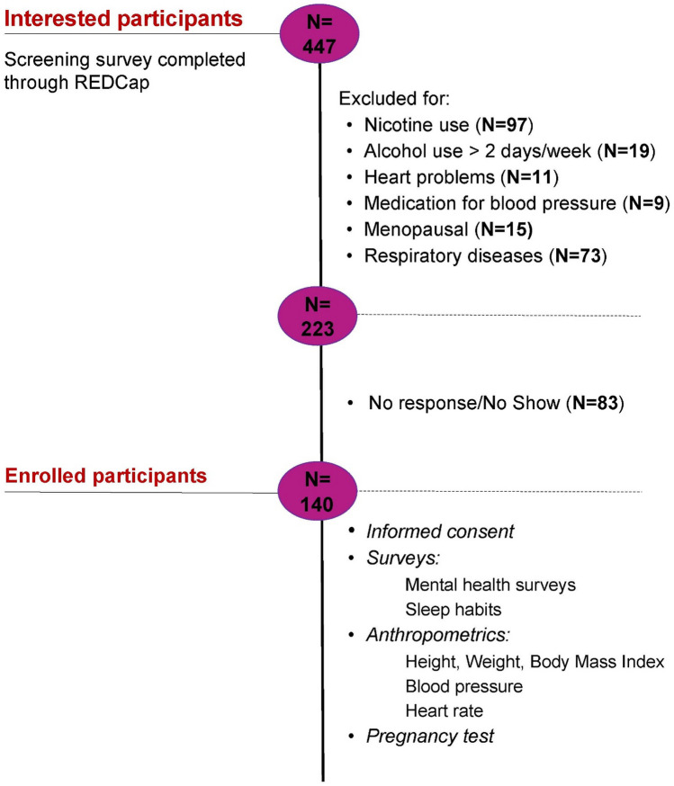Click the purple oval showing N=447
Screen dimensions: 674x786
pos(319,33)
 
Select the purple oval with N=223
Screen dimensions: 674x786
pos(318,316)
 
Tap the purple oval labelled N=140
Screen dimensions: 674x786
pos(318,491)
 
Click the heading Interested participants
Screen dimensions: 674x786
pos(123,19)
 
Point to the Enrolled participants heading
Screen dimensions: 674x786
pos(106,475)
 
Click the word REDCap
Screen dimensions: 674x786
pos(112,82)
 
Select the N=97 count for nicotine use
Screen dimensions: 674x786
pos(505,125)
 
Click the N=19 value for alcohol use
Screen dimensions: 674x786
pos(627,151)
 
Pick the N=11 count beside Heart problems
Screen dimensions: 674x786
pos(529,177)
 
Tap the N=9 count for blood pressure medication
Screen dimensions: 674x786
pos(646,203)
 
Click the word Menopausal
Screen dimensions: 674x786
pos(416,229)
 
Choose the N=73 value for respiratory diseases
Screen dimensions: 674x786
pos(578,255)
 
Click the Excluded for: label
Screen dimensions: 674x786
pos(394,98)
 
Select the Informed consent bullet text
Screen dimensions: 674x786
pos(440,531)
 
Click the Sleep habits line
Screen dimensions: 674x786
pos(454,610)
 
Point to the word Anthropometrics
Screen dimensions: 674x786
pos(436,635)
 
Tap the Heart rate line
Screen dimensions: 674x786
pos(445,710)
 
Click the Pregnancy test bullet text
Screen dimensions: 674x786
pos(430,736)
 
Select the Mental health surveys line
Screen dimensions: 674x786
pos(490,585)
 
